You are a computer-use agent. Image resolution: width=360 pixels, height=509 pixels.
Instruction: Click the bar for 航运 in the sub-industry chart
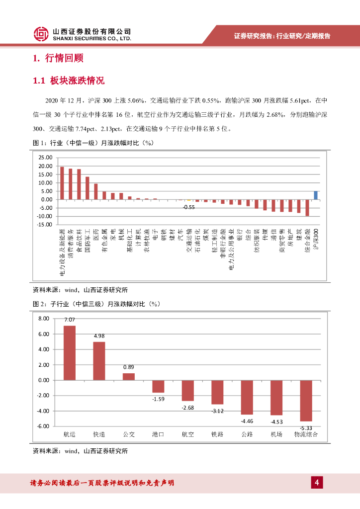[70, 353]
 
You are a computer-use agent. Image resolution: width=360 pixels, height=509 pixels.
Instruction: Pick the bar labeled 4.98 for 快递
[99, 361]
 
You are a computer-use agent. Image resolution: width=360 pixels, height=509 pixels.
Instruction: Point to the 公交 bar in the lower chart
[129, 376]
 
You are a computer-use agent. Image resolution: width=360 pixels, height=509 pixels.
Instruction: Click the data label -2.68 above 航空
[187, 408]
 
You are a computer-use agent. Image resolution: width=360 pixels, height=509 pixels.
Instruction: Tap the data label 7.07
[70, 320]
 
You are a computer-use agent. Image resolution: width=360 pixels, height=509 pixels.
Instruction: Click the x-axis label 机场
[276, 434]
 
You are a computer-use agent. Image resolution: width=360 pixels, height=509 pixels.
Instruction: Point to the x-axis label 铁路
[217, 434]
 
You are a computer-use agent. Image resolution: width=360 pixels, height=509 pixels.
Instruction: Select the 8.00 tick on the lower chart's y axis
[43, 318]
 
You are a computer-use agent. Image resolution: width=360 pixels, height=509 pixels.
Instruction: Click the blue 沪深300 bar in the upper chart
[316, 195]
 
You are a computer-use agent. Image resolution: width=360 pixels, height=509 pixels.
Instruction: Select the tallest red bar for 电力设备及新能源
[62, 183]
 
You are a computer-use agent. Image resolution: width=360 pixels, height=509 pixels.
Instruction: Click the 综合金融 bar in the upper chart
[307, 208]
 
